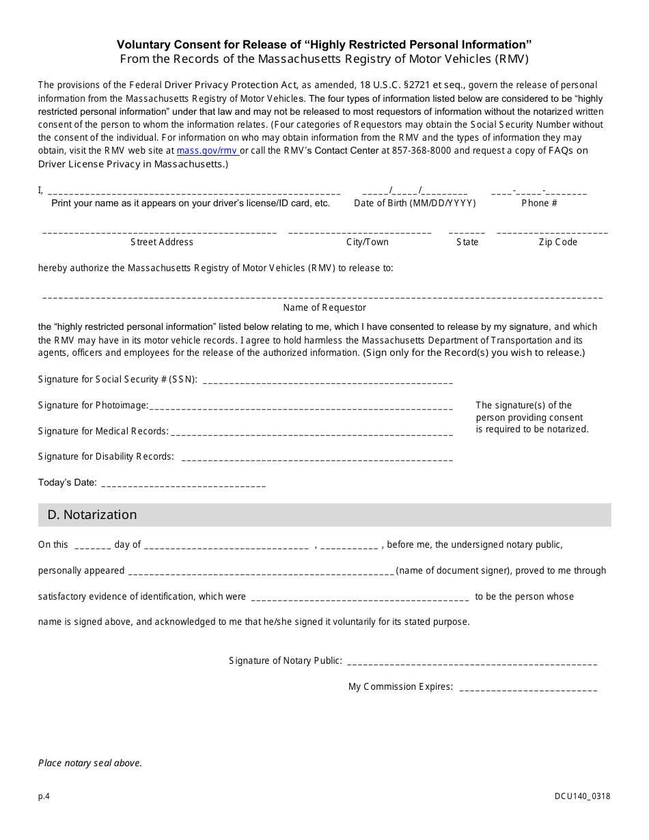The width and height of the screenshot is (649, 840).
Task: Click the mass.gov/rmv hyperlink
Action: [x=206, y=150]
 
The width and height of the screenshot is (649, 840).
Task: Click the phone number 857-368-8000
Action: [x=422, y=150]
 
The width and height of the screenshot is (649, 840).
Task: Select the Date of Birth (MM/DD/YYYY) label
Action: [x=415, y=203]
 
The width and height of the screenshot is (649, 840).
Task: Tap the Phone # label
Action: [x=539, y=203]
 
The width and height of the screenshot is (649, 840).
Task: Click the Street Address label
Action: [x=162, y=242]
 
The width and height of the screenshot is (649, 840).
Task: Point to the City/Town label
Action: [x=367, y=242]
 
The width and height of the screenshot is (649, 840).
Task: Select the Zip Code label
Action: [x=557, y=242]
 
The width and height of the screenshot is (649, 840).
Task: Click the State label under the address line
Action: [x=467, y=242]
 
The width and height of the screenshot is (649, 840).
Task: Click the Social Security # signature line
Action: [x=328, y=380]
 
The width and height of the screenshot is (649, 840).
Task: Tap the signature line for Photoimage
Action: [x=301, y=406]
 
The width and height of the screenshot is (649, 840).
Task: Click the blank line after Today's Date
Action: [x=183, y=484]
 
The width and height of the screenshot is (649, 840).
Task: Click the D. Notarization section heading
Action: [x=92, y=515]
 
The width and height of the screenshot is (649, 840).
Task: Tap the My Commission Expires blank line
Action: [x=528, y=688]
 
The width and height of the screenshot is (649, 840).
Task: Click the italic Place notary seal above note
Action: [x=90, y=763]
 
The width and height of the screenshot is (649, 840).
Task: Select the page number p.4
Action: [x=44, y=796]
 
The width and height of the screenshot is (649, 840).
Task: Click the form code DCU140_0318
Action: [x=583, y=796]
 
